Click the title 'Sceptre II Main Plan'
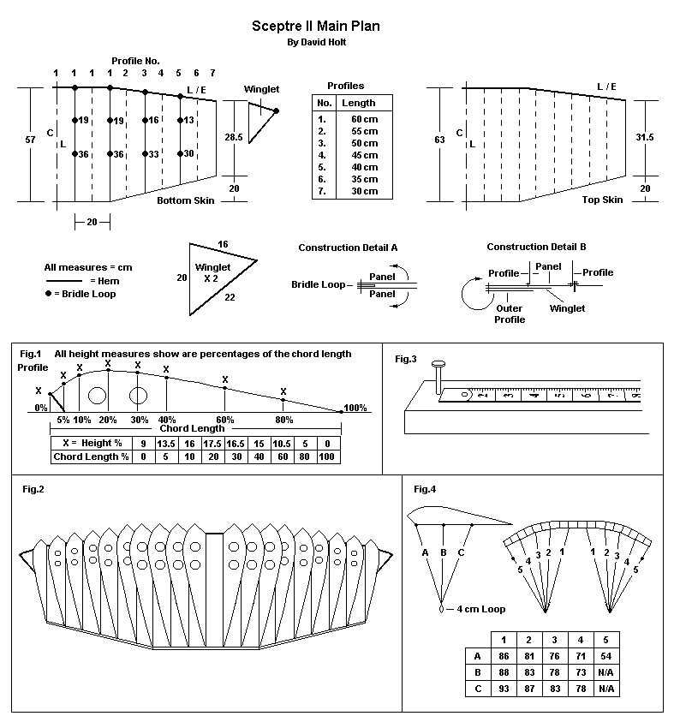316,26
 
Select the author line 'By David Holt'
316,42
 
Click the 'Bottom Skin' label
185,200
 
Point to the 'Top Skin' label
602,200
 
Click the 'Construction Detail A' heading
348,248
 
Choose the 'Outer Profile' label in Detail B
510,313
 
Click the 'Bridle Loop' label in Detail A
319,284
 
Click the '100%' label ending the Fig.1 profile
355,408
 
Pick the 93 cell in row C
504,689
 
